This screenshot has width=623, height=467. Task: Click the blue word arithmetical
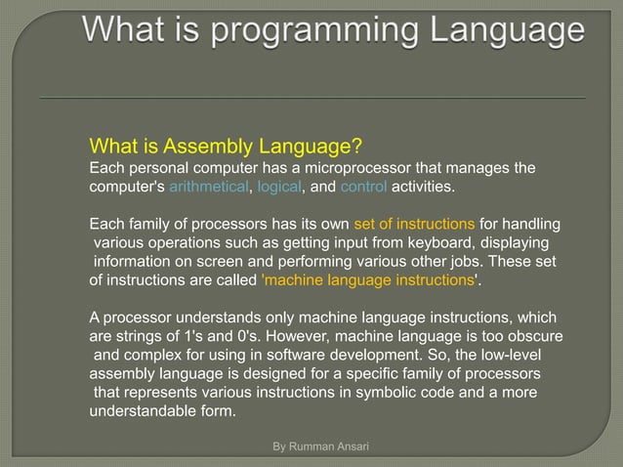[x=209, y=187]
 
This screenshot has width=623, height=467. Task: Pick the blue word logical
[x=278, y=187]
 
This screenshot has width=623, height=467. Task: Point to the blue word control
[x=362, y=187]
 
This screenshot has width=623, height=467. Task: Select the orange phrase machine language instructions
[x=368, y=280]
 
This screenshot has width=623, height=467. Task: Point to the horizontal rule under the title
[x=311, y=98]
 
